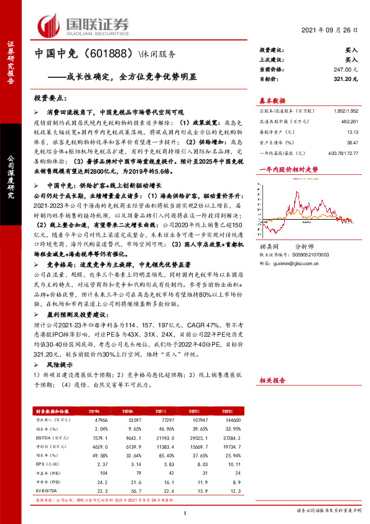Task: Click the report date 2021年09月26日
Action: coord(335,31)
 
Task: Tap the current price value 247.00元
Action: coord(347,70)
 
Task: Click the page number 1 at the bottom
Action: coord(185,513)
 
